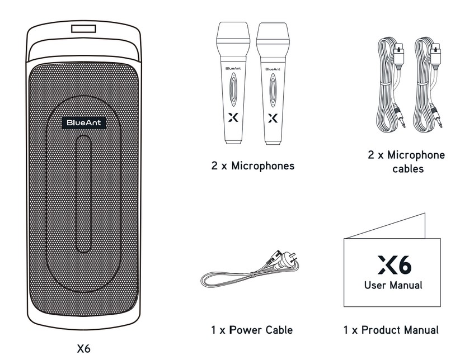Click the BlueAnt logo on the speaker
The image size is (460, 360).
pos(83,122)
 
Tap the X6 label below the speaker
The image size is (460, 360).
pos(83,349)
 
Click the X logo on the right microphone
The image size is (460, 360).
pos(273,118)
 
